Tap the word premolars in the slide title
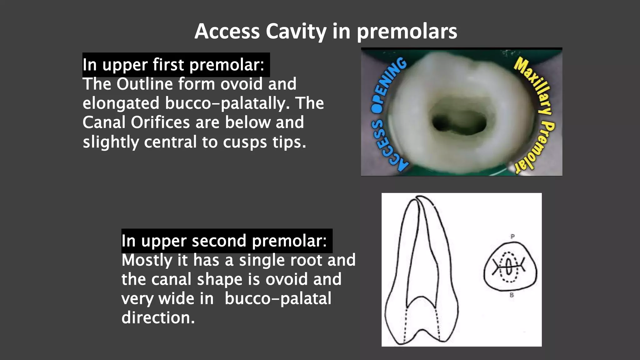click(x=407, y=32)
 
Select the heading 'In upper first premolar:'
click(x=173, y=65)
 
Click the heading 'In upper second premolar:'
click(x=224, y=241)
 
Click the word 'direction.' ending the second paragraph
click(x=158, y=318)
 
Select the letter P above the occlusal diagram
click(x=512, y=237)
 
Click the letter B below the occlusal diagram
click(x=512, y=295)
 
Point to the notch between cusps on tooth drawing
click(x=422, y=331)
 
